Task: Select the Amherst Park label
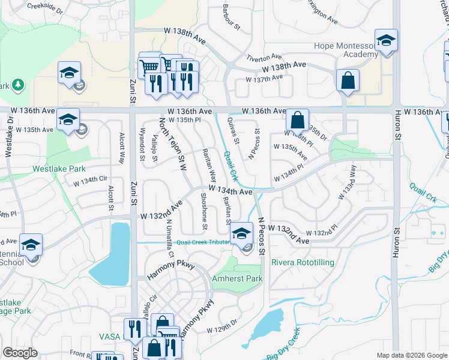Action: [x=237, y=279]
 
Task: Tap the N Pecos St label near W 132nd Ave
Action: [x=262, y=236]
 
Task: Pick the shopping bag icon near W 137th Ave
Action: [x=348, y=80]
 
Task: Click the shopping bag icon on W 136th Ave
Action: [x=297, y=120]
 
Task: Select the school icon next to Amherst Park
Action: [x=242, y=233]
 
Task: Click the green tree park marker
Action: [x=17, y=84]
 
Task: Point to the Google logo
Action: [x=20, y=353]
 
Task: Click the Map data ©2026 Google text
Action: [x=411, y=355]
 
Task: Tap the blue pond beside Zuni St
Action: [x=119, y=252]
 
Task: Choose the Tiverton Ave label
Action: [x=264, y=58]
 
